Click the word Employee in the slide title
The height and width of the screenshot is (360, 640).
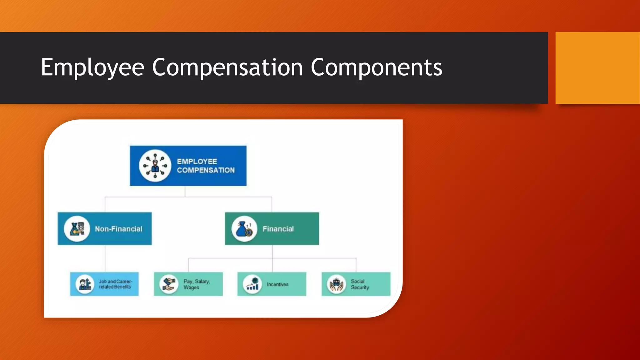92,67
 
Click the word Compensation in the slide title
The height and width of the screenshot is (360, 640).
227,67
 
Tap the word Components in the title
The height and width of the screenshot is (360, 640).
376,67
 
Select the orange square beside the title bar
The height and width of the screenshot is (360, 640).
597,68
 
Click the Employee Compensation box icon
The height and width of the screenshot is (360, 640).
155,166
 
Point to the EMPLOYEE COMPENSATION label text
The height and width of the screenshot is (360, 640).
206,166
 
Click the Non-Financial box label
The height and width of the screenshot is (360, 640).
118,229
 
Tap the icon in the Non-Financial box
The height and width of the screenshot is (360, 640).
77,229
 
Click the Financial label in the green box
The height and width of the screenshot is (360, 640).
278,229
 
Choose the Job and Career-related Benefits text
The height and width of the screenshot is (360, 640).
115,284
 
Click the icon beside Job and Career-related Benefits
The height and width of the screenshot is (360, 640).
85,284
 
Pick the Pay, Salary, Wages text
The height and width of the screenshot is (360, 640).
197,284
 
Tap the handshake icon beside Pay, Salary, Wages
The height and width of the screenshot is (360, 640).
169,284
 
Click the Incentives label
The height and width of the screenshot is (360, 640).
277,284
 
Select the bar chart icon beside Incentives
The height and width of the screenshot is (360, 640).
252,284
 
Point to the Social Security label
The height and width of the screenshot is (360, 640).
360,284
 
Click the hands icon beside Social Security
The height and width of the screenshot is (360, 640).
337,284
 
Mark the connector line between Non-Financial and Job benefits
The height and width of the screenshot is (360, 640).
105,258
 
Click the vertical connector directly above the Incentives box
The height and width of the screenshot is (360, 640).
272,265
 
